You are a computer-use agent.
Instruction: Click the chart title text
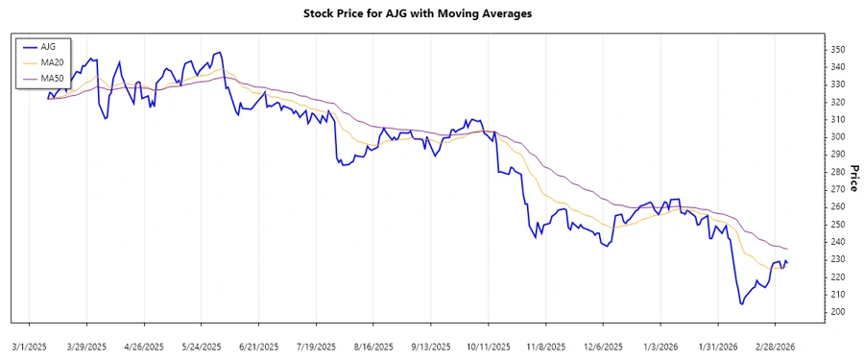pyautogui.click(x=431, y=14)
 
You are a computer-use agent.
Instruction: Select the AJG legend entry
pyautogui.click(x=48, y=46)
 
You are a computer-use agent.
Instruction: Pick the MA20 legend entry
pyautogui.click(x=52, y=61)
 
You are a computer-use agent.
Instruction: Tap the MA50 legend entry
pyautogui.click(x=52, y=77)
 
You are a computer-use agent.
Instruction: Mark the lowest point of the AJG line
pyautogui.click(x=741, y=304)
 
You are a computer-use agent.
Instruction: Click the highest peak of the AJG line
pyautogui.click(x=221, y=52)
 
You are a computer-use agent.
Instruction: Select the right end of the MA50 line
pyautogui.click(x=787, y=250)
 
